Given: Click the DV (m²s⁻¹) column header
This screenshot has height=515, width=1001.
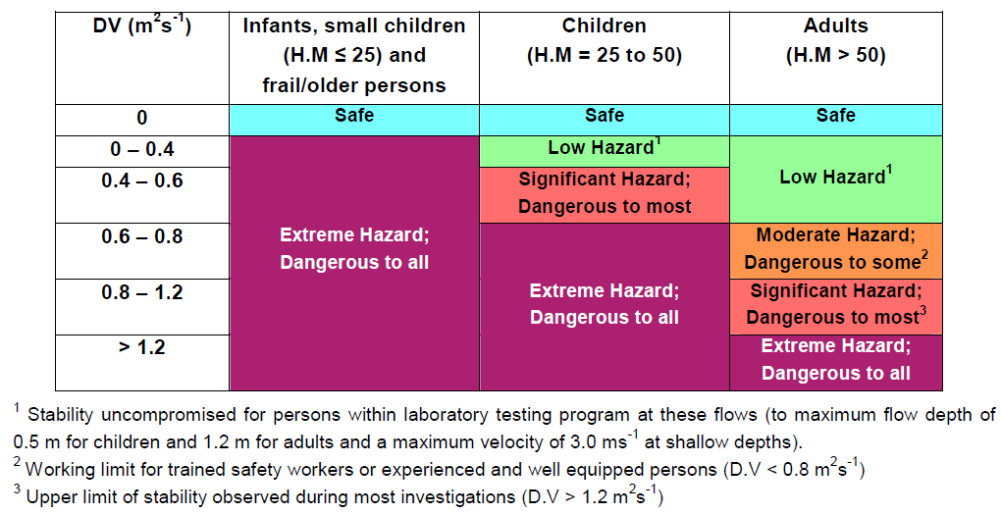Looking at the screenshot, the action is click(x=141, y=26).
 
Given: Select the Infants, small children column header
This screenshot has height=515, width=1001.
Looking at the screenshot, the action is click(x=354, y=56).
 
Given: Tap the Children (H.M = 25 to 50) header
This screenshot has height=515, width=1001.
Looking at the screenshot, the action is click(x=604, y=40).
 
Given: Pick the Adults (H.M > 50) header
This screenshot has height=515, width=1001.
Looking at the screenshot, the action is click(x=836, y=40).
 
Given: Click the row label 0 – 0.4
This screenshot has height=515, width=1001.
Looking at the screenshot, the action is click(x=141, y=149).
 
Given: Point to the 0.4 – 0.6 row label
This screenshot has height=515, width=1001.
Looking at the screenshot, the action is click(x=141, y=180).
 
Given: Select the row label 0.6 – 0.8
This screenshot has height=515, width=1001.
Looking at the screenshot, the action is click(x=141, y=236).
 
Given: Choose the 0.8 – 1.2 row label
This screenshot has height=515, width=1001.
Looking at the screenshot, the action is click(x=141, y=292).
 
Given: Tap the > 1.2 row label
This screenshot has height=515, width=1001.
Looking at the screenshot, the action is click(x=141, y=348).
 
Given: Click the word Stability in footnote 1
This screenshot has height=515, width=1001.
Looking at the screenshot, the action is click(x=61, y=416).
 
